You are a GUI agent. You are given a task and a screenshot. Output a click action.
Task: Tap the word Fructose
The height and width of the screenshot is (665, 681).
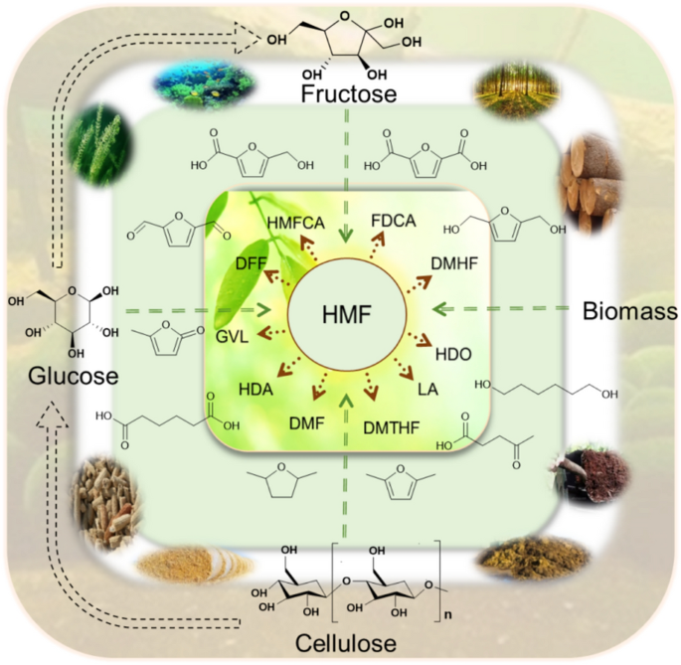point(345,95)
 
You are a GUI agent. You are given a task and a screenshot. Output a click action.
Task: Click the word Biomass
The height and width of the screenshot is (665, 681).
point(628,312)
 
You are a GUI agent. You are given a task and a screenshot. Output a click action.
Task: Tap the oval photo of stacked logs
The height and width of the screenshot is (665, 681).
point(595,184)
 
